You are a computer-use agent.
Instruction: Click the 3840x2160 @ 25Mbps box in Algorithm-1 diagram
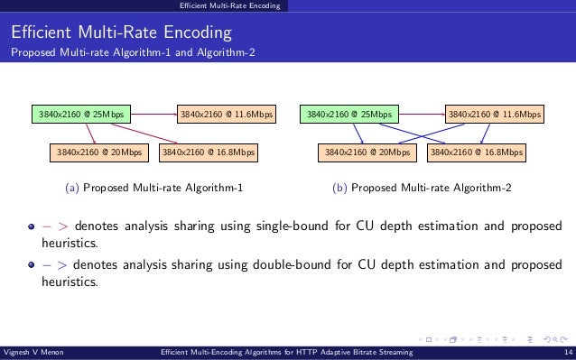[80, 115]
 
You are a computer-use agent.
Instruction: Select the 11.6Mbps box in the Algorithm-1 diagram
[226, 115]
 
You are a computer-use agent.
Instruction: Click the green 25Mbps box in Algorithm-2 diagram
[349, 115]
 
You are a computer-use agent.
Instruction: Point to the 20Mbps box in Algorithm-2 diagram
[367, 152]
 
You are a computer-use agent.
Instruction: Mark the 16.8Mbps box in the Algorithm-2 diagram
[476, 152]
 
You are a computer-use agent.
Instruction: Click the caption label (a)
[73, 189]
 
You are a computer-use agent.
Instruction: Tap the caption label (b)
[340, 189]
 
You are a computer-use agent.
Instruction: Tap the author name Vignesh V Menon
[36, 353]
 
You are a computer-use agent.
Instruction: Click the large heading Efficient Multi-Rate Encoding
[122, 33]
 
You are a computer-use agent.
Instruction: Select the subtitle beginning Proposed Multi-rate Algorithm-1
[133, 52]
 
